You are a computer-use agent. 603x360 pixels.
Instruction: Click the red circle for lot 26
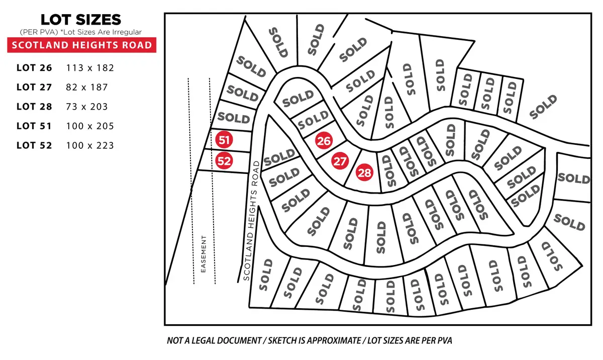324,141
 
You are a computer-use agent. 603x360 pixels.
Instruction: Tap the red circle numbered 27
340,161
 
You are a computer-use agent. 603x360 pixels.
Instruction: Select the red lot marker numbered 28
364,173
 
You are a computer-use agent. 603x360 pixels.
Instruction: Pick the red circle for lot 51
223,140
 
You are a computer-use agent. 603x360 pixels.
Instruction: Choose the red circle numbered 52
224,161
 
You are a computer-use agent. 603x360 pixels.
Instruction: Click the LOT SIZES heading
80,20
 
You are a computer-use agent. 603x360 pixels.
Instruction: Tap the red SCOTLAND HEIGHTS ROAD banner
81,45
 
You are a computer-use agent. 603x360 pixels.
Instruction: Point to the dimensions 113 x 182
90,67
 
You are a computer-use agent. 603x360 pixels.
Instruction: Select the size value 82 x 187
87,87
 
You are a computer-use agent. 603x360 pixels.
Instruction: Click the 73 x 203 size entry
87,107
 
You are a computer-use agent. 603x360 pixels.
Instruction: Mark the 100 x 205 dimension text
90,126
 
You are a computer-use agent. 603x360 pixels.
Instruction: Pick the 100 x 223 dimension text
90,146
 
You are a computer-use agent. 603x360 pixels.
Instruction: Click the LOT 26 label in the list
34,67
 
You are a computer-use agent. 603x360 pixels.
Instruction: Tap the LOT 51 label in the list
34,126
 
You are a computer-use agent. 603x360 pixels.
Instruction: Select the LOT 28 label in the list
34,107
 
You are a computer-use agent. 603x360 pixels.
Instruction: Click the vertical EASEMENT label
204,254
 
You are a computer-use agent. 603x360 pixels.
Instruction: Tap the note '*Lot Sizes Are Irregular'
110,32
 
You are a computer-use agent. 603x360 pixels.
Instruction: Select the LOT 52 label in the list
34,146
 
